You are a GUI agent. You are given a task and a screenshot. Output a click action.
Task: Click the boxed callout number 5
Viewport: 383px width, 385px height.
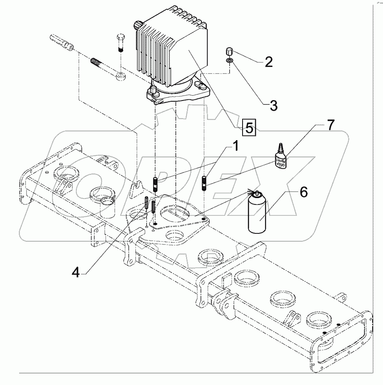[249, 127]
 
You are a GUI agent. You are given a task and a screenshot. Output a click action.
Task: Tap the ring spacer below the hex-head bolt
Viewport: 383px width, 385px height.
[121, 77]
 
